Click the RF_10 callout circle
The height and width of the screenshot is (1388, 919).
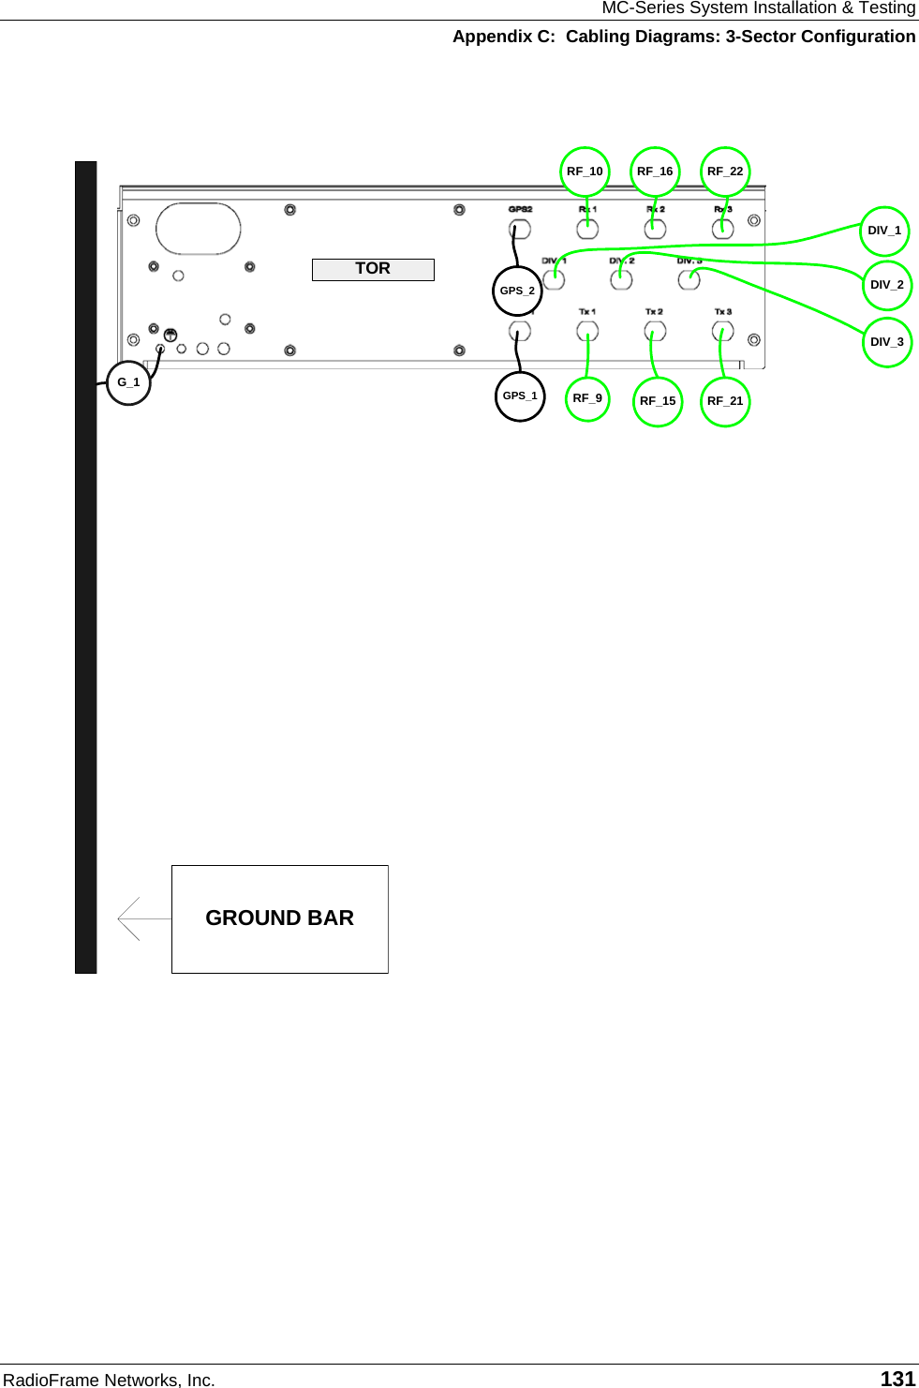[x=585, y=172]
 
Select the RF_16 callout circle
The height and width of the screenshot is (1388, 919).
[x=655, y=172]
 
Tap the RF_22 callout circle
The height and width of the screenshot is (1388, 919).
[x=725, y=172]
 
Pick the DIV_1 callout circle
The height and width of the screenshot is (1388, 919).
[x=884, y=231]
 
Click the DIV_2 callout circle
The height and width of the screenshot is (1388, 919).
[x=887, y=285]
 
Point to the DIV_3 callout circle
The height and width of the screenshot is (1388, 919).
[x=887, y=342]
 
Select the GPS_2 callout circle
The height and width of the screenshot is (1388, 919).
[x=517, y=291]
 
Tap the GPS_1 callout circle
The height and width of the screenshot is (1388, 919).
[x=520, y=396]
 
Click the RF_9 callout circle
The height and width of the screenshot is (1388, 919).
[x=587, y=398]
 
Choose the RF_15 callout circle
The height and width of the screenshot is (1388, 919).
[x=658, y=401]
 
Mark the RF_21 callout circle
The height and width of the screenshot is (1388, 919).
[x=725, y=401]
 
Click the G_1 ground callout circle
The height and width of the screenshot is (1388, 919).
[x=128, y=382]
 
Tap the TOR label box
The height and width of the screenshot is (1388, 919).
[x=373, y=269]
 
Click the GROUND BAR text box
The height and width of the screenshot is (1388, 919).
[x=279, y=918]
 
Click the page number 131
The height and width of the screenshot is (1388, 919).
[x=897, y=1379]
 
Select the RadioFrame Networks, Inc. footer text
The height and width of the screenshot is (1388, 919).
[x=109, y=1380]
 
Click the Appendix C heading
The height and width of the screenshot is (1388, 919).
[x=684, y=37]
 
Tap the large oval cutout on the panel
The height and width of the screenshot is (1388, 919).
[x=199, y=229]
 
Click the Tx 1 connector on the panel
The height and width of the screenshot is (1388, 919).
[x=587, y=331]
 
